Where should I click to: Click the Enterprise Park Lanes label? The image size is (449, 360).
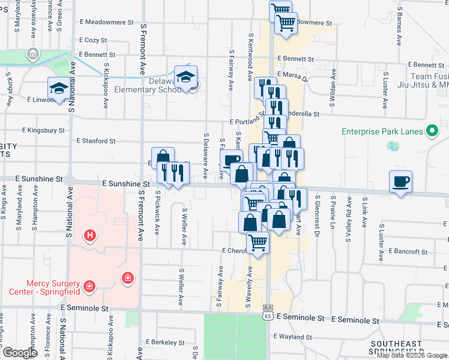[380, 131]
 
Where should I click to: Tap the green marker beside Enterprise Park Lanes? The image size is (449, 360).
[431, 131]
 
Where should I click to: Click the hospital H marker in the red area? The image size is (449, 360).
[89, 235]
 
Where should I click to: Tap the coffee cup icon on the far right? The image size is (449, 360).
[401, 181]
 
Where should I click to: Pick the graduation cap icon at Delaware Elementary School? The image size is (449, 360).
[187, 76]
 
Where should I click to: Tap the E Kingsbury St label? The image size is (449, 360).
[43, 129]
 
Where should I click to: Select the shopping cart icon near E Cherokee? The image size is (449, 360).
[258, 242]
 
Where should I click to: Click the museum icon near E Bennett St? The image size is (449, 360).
[32, 55]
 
